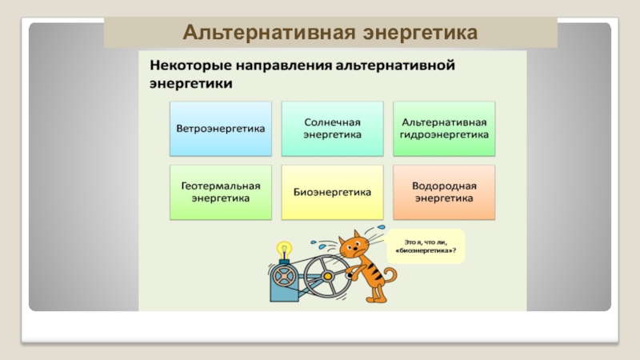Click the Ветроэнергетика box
click(x=220, y=129)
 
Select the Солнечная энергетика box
click(x=333, y=129)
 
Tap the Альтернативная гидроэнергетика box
click(x=444, y=129)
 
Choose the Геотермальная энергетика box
click(x=220, y=192)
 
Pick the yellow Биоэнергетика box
click(x=333, y=192)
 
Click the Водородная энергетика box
click(x=444, y=192)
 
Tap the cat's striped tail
click(x=390, y=276)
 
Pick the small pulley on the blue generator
click(x=282, y=276)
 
